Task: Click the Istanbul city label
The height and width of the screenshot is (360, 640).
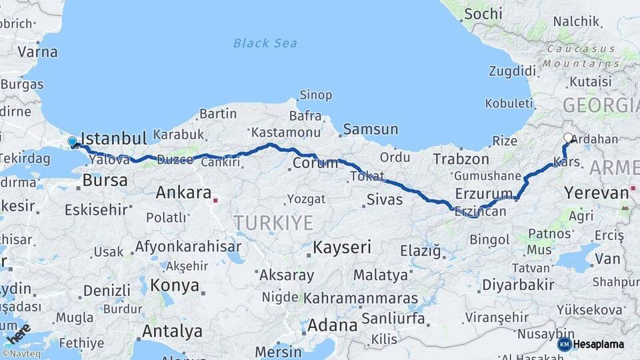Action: click(x=113, y=139)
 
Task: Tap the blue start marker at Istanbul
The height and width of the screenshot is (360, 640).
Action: click(x=73, y=142)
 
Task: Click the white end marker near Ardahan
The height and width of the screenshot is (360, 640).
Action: click(x=568, y=138)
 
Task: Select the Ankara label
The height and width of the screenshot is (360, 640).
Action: click(x=183, y=193)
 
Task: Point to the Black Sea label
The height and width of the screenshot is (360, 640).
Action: click(x=265, y=43)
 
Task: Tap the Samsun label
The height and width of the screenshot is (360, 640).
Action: click(x=371, y=129)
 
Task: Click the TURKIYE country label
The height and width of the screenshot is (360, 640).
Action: click(x=273, y=223)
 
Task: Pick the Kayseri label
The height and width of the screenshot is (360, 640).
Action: click(x=341, y=247)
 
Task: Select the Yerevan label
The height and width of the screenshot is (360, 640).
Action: click(x=596, y=193)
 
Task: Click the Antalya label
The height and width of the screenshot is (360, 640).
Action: click(x=172, y=330)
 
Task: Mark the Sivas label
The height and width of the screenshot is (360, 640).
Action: click(x=385, y=199)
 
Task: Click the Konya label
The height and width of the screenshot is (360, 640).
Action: click(x=175, y=285)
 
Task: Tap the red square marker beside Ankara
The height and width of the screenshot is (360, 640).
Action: click(x=215, y=199)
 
